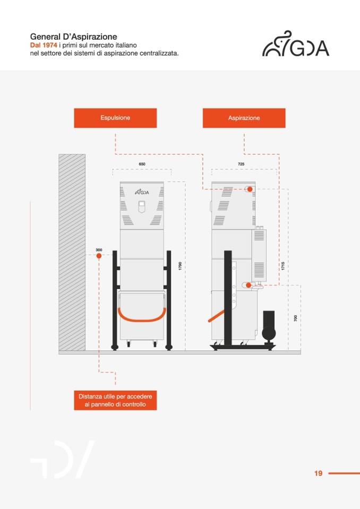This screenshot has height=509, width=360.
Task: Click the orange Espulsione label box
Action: [115, 118]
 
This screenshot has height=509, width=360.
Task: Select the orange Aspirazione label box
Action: [244, 118]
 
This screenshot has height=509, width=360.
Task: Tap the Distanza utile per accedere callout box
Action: [115, 400]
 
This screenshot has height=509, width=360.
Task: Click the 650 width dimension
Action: [142, 165]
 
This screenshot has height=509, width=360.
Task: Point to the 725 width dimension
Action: [241, 165]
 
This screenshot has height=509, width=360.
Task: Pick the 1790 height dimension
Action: [180, 266]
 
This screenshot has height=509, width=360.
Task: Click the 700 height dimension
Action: [295, 318]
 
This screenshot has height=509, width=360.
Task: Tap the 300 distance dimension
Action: [99, 249]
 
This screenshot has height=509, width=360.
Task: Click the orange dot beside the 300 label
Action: [99, 256]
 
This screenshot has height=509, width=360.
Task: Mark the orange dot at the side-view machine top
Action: [250, 189]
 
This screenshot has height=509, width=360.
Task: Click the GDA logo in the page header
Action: [296, 44]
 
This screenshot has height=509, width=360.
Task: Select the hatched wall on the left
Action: [72, 252]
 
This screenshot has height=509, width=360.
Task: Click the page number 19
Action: [318, 473]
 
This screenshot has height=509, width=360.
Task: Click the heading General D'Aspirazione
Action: [73, 37]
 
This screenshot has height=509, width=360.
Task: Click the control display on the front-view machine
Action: [141, 206]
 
